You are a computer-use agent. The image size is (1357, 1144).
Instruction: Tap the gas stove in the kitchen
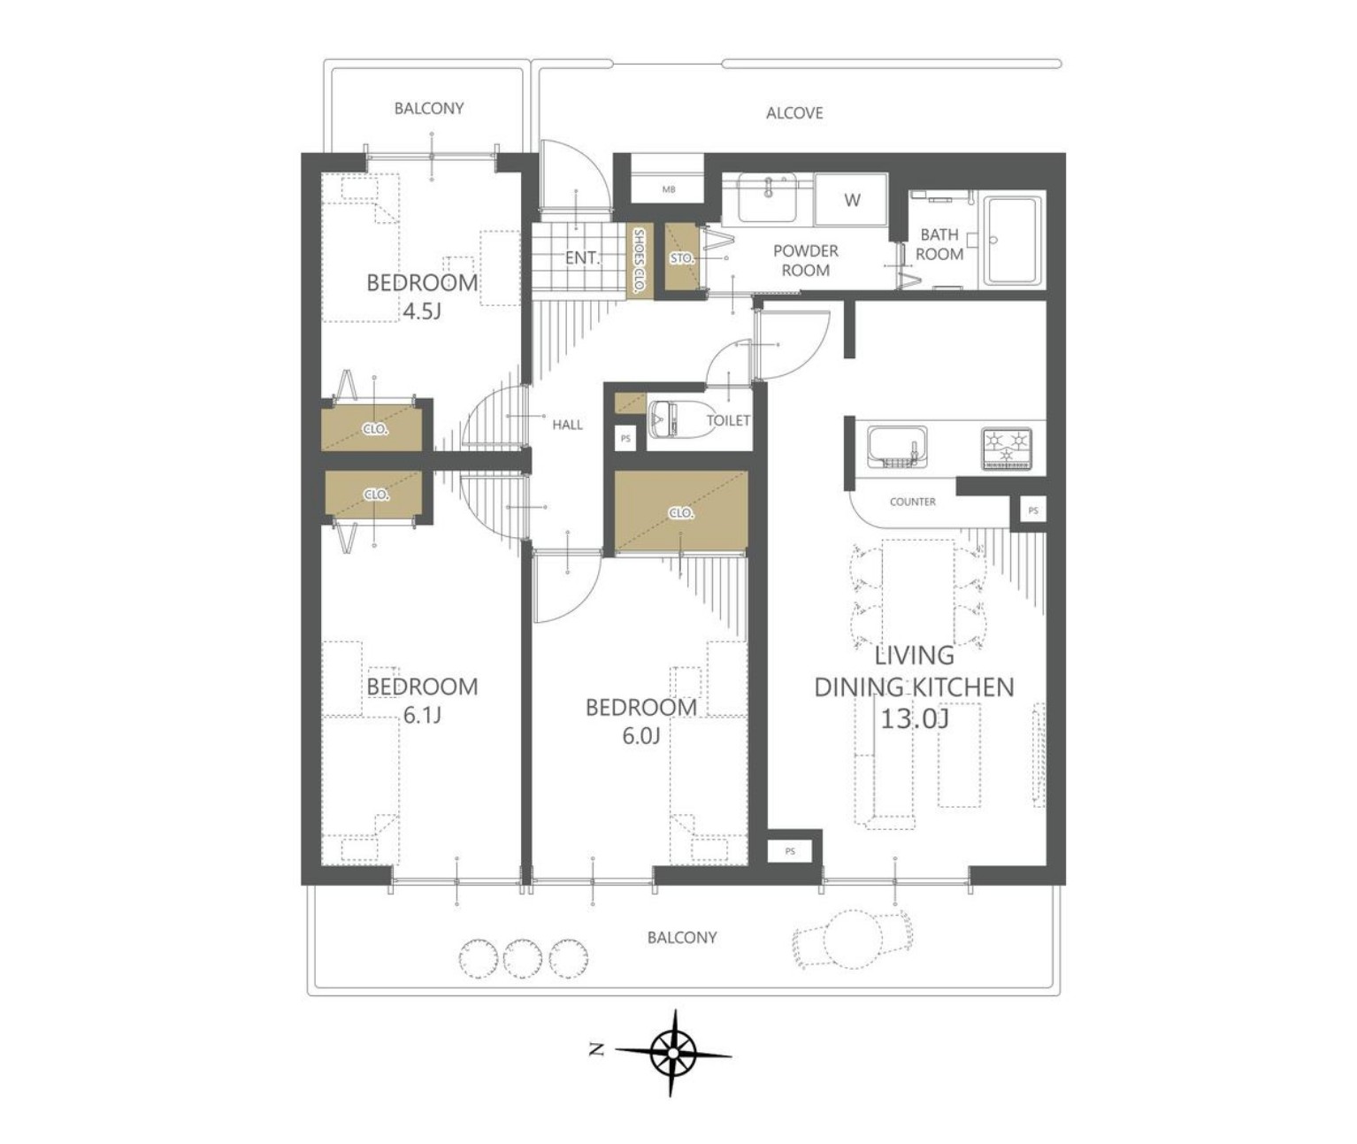[x=1007, y=448]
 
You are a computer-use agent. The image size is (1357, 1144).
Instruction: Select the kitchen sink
[x=898, y=447]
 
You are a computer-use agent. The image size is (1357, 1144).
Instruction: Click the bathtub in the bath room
[x=1011, y=241]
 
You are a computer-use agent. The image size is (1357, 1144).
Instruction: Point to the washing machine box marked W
[x=851, y=200]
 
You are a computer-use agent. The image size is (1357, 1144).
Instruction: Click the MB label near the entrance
[x=669, y=190]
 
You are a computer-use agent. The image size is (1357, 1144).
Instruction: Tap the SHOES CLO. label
[x=639, y=261]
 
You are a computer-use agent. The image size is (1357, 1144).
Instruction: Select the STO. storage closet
[x=681, y=257]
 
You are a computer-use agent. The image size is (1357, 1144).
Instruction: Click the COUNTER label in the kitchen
[x=912, y=502]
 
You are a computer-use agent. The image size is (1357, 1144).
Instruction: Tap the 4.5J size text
[x=422, y=311]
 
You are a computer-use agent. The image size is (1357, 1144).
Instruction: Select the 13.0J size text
[x=915, y=719]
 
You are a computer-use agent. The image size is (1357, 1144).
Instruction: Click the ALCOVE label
[x=794, y=113]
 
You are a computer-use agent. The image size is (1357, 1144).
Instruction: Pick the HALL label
[x=567, y=425]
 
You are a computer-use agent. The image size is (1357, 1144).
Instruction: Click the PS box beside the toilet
[x=625, y=439]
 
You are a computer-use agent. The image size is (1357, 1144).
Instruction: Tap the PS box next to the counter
[x=1033, y=511]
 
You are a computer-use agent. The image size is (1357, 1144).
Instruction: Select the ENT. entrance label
[x=582, y=258]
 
